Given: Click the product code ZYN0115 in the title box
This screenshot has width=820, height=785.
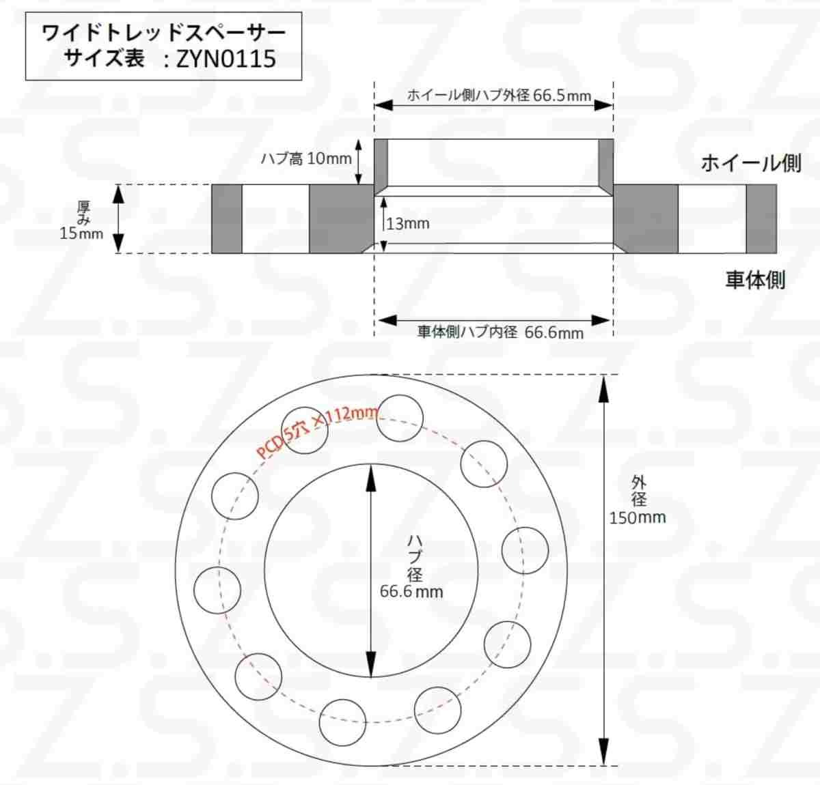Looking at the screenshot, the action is click(x=226, y=59).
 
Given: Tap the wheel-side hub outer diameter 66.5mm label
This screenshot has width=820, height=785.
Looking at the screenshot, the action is click(x=499, y=96).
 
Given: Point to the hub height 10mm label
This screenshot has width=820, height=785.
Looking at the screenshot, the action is click(x=306, y=158).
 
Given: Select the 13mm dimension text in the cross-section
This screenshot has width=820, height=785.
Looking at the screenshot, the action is click(x=408, y=223).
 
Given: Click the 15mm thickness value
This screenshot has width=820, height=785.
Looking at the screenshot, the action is click(x=81, y=233).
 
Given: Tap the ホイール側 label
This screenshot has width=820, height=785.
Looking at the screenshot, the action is click(x=751, y=163).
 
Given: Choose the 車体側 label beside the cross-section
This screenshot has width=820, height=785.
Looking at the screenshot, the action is click(x=755, y=279).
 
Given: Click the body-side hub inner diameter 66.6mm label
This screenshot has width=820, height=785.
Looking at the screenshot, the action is click(x=501, y=332).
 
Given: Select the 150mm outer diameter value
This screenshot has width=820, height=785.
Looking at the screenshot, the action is click(x=638, y=517).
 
